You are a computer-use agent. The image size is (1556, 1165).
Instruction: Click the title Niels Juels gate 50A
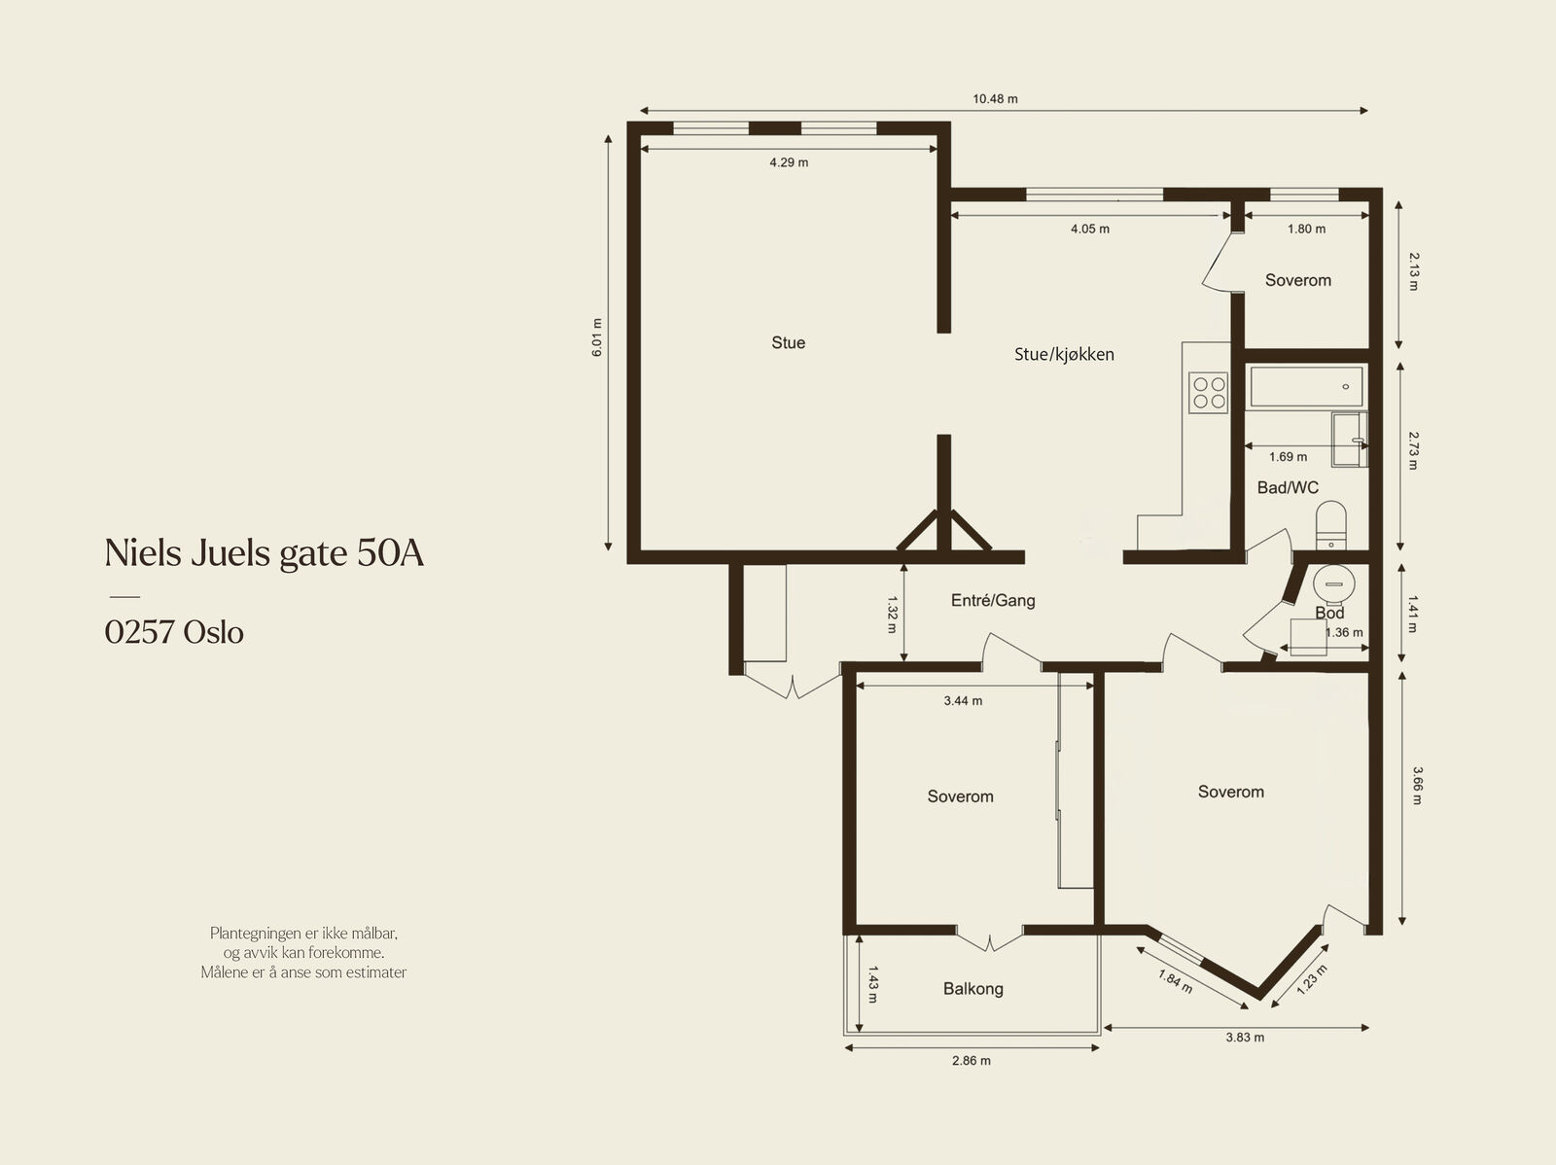pyautogui.click(x=265, y=552)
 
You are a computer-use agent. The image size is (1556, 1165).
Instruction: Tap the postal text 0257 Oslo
pyautogui.click(x=174, y=632)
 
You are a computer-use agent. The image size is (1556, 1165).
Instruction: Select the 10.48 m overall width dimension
pyautogui.click(x=995, y=99)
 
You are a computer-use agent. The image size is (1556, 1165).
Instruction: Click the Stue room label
pyautogui.click(x=789, y=343)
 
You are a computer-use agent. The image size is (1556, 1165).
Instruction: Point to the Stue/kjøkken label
pyautogui.click(x=1064, y=354)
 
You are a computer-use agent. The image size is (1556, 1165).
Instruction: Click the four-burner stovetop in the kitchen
pyautogui.click(x=1209, y=393)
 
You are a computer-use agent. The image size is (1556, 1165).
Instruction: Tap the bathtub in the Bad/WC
pyautogui.click(x=1306, y=386)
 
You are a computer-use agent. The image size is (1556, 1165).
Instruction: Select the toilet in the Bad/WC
pyautogui.click(x=1330, y=525)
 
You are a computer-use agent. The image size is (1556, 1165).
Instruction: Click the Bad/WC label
pyautogui.click(x=1288, y=487)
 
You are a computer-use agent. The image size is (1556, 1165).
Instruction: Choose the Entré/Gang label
pyautogui.click(x=993, y=601)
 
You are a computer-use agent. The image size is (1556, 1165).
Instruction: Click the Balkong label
pyautogui.click(x=972, y=989)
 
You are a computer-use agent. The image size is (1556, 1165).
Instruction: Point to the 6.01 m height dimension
pyautogui.click(x=597, y=337)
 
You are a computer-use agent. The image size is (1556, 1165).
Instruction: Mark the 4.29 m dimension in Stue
pyautogui.click(x=789, y=162)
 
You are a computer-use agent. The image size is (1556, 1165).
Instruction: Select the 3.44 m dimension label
pyautogui.click(x=963, y=701)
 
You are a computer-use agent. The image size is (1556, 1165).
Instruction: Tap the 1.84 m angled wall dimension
pyautogui.click(x=1175, y=981)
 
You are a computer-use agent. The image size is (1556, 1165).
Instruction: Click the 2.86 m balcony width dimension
pyautogui.click(x=972, y=1061)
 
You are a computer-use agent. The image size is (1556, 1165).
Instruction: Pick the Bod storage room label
pyautogui.click(x=1329, y=613)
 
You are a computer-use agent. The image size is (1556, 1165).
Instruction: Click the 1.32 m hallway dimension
pyautogui.click(x=892, y=614)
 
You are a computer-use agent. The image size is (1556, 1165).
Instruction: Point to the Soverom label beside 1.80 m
pyautogui.click(x=1298, y=280)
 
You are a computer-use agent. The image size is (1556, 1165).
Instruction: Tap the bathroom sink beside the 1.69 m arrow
pyautogui.click(x=1349, y=440)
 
